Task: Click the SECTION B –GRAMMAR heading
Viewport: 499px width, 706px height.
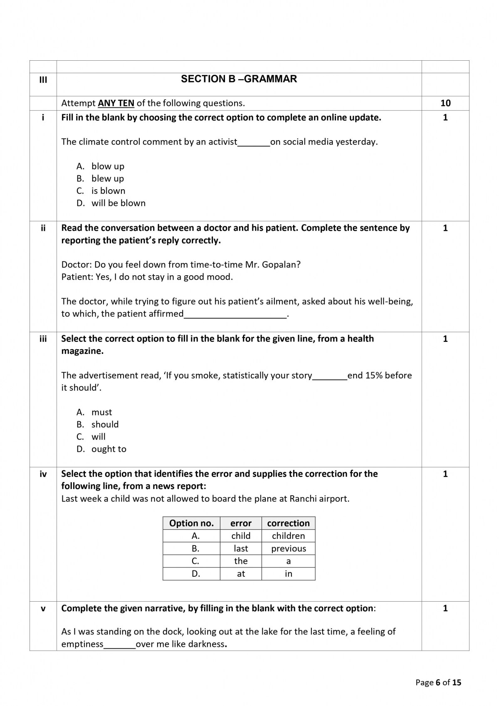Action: (239, 79)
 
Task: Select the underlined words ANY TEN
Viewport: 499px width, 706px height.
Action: (116, 103)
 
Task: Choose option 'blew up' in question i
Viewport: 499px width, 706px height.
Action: (107, 178)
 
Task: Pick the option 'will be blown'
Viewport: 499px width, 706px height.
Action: (119, 203)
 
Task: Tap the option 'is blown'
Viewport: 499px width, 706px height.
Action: (108, 191)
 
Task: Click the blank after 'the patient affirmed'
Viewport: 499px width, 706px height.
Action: (235, 314)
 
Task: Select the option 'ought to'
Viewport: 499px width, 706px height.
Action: (109, 449)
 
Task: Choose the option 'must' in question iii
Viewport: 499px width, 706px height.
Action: (101, 412)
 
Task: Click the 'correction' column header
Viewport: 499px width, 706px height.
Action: (288, 523)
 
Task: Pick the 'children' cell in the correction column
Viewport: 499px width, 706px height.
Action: (288, 536)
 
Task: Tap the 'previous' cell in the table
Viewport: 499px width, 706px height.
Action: (288, 548)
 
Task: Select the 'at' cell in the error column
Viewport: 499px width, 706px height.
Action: (241, 574)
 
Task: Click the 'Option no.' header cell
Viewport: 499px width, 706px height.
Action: (191, 523)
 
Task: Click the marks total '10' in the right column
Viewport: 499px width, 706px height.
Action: (445, 103)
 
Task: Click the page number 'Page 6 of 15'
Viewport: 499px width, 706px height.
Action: (438, 682)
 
